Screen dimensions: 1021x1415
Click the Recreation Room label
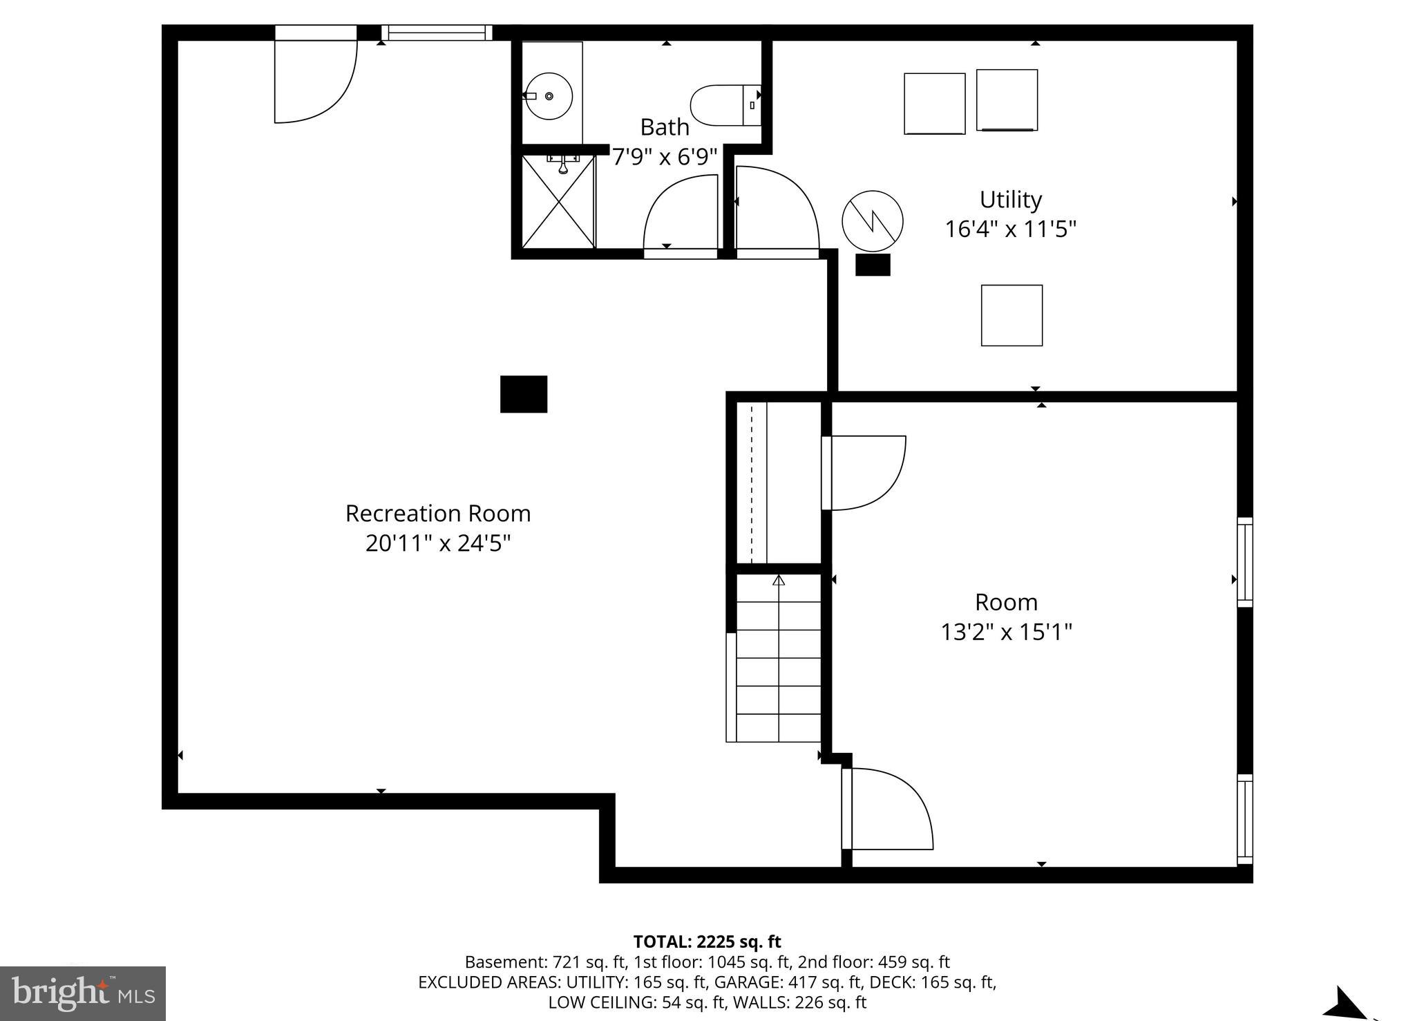438,514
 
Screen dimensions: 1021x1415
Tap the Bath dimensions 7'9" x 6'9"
665,157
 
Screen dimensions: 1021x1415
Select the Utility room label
1010,200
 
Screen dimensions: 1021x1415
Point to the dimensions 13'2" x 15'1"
1006,632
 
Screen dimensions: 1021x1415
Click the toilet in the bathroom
725,105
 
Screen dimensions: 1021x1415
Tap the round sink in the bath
549,96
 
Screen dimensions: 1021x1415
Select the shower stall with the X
558,201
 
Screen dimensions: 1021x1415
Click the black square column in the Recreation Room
524,394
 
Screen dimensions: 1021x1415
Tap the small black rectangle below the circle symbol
873,265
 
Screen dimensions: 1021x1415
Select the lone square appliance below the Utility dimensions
1012,315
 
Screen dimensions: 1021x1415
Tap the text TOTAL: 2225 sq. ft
707,942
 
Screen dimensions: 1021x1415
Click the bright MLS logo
83,994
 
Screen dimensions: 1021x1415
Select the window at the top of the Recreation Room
436,32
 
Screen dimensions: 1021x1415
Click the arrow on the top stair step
779,581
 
